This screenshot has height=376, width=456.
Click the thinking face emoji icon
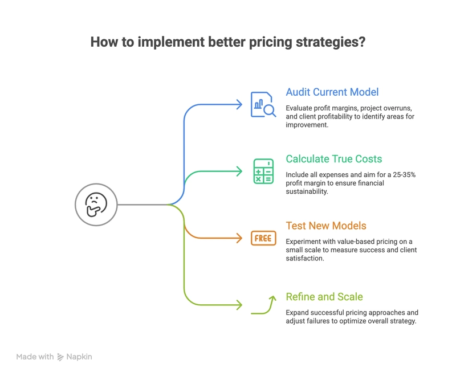96,205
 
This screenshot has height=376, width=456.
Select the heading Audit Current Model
332,92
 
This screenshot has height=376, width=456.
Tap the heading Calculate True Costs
334,159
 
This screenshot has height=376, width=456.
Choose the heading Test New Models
326,226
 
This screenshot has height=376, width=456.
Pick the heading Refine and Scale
324,297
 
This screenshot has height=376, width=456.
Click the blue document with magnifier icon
263,105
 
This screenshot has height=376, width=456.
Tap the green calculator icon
263,171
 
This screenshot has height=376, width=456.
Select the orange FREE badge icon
263,238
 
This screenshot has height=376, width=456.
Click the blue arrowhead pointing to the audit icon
239,105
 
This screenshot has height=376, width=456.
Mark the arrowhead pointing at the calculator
239,171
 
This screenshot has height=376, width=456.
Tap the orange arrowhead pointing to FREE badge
239,238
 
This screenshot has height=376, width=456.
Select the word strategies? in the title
331,42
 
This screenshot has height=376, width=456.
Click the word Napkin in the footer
79,357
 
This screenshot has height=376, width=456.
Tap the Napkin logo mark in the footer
60,357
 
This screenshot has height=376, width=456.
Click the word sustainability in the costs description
307,191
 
